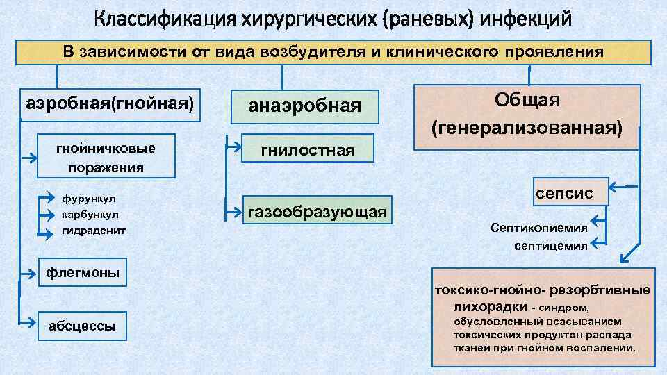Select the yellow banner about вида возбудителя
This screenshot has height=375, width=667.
point(333,52)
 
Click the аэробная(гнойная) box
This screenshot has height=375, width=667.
point(110,103)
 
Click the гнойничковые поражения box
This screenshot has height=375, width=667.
point(106,157)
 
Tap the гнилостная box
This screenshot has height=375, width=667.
point(307,150)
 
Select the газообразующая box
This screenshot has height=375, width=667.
point(317,211)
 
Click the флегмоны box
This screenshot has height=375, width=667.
point(83,272)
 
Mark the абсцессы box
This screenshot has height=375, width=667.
point(83,325)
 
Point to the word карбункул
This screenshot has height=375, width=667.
point(90,214)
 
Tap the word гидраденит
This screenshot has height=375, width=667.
point(94,230)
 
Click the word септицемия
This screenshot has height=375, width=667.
point(551,246)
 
